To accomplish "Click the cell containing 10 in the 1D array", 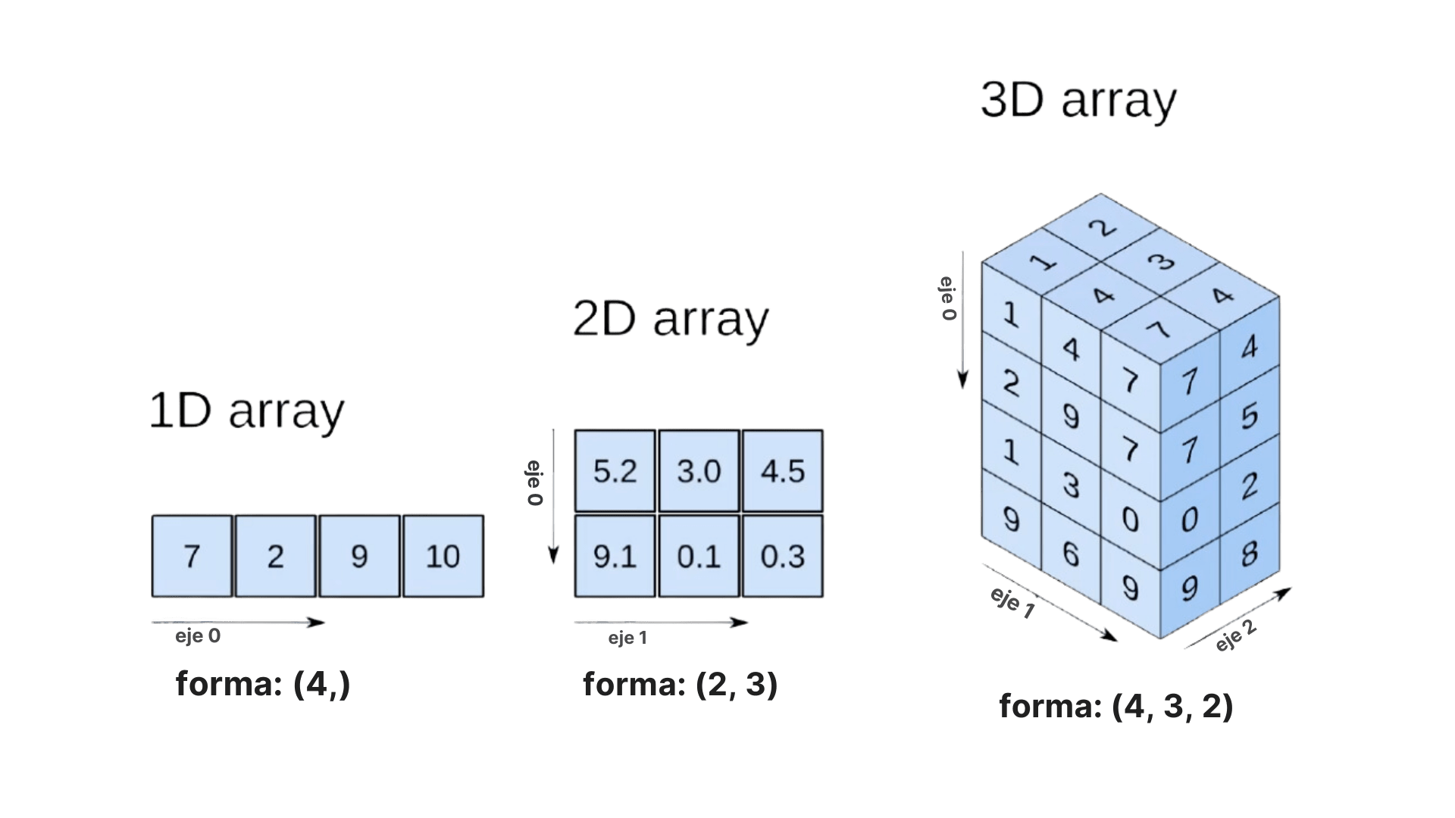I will click(443, 557).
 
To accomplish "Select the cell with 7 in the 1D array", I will click(192, 557).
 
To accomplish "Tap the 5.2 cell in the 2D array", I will click(615, 471).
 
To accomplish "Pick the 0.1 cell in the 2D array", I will click(699, 557).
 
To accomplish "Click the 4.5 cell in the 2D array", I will click(783, 471).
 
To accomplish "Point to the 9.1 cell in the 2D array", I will click(615, 557).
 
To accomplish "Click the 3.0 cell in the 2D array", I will click(699, 471).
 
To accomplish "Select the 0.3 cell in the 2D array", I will click(783, 557).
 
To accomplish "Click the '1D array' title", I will click(246, 411).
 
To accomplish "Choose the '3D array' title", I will click(1078, 100).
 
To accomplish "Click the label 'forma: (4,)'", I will click(263, 684).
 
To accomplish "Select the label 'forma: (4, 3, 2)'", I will click(1116, 706).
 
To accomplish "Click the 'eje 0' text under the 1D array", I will click(198, 636).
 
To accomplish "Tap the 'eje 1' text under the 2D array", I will click(627, 638).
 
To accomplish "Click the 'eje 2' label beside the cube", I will click(1236, 636).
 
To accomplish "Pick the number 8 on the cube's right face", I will click(1250, 554).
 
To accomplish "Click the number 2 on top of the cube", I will click(1106, 228).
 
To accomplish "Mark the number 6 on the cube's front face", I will click(1070, 554).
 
